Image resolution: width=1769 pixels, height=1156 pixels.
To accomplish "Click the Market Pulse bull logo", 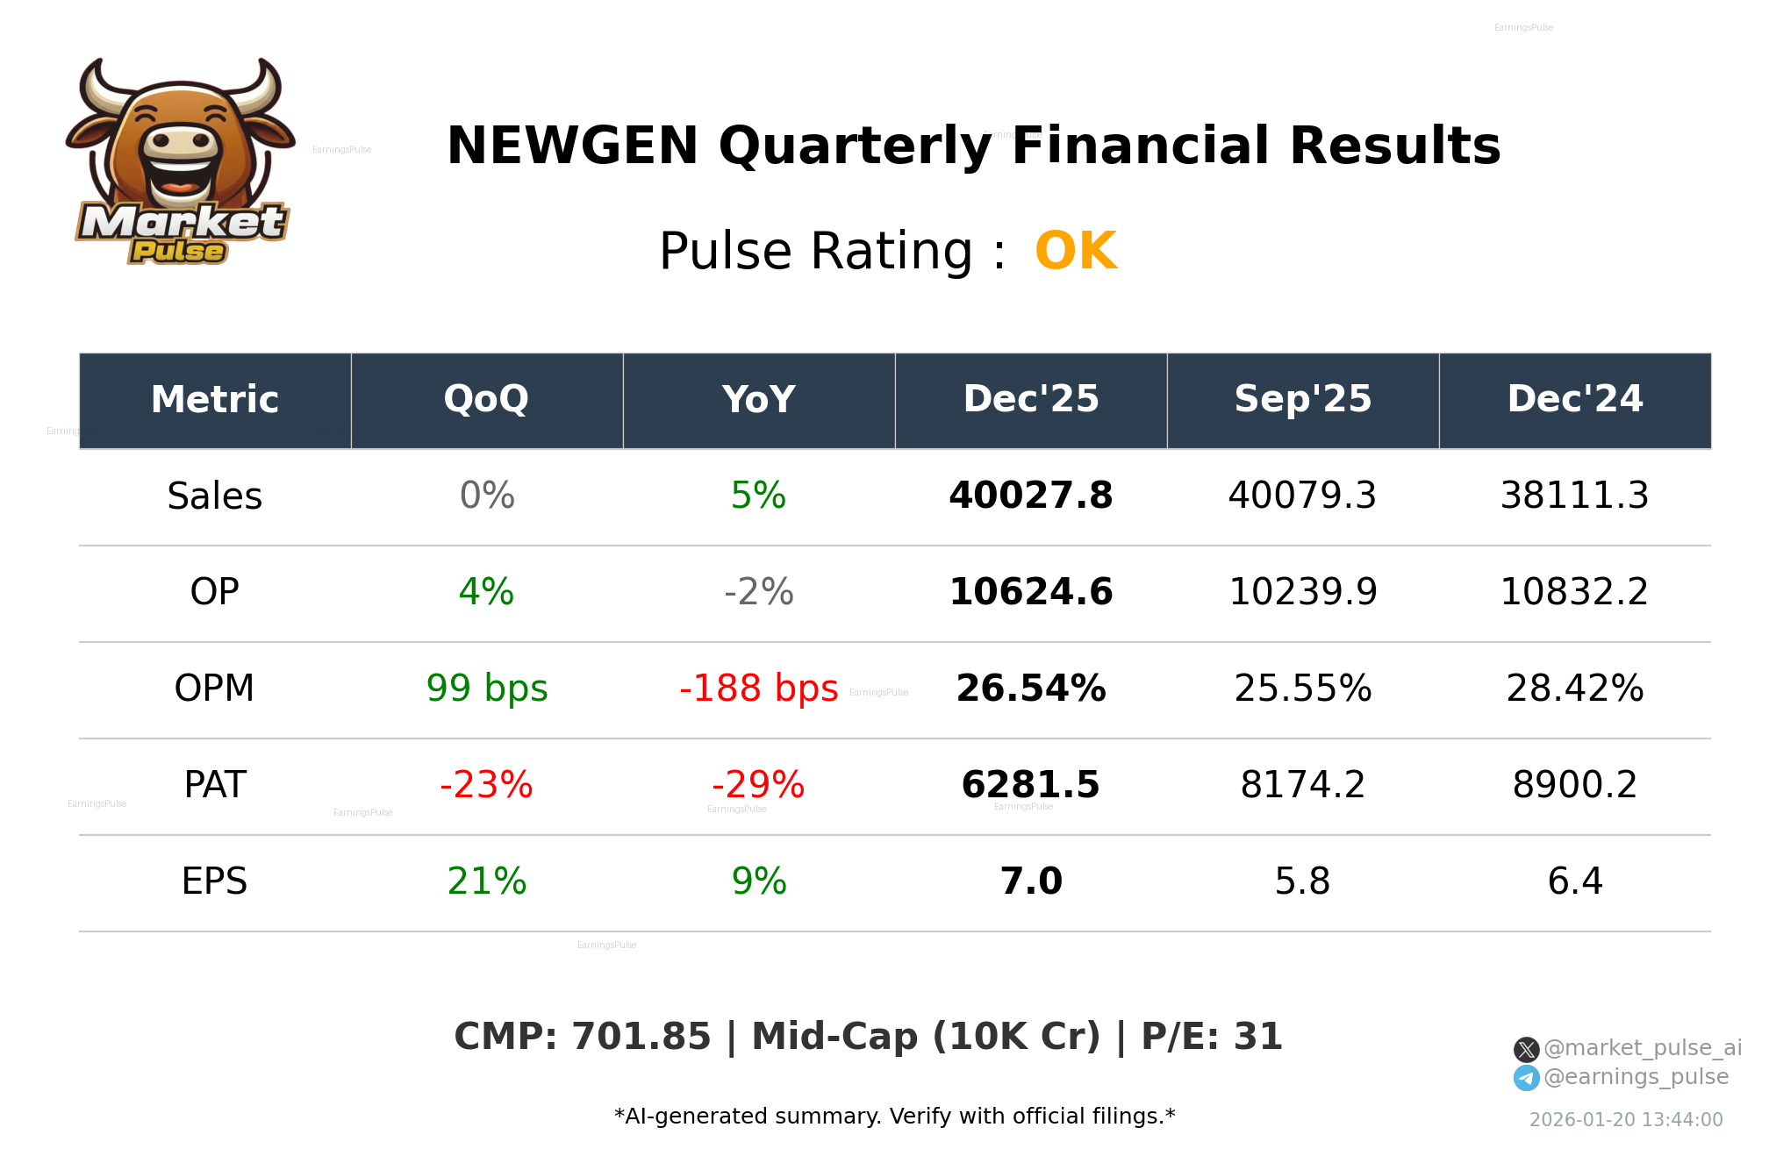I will pos(181,162).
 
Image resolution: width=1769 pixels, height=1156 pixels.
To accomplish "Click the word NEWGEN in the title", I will pos(572,146).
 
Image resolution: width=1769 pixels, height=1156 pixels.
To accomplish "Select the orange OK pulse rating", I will pos(1076,252).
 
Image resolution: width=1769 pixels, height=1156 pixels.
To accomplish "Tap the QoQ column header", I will pos(487,400).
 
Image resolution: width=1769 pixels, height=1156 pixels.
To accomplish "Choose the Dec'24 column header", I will pos(1575,400).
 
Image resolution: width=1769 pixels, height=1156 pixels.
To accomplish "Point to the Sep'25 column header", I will pos(1303,400).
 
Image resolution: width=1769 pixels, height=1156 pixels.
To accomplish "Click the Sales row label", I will pos(215,496).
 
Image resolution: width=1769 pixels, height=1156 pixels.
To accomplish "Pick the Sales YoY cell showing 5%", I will pos(759,496).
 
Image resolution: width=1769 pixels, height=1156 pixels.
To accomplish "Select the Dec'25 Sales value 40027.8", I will pos(1031,496).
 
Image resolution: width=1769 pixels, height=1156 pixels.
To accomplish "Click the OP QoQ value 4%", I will pos(487,593).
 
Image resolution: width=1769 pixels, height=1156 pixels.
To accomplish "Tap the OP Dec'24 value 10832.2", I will pos(1575,593).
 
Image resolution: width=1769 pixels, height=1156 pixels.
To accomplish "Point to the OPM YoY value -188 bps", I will pos(759,689).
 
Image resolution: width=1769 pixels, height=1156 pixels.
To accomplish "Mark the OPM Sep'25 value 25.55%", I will pos(1303,689).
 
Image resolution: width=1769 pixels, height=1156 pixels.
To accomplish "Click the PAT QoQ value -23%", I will pos(487,786).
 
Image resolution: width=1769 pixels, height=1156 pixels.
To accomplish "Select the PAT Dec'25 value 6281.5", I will pos(1031,786).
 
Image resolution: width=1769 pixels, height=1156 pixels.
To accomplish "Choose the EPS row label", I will pos(215,882).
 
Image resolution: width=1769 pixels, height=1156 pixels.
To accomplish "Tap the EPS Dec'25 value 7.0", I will pos(1031,882).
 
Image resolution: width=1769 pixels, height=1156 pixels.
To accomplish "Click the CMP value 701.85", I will pos(641,1038).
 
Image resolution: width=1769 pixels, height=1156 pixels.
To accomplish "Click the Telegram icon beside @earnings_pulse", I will pos(1526,1078).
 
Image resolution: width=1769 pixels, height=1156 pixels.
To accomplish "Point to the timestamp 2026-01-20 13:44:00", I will pos(1626,1120).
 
